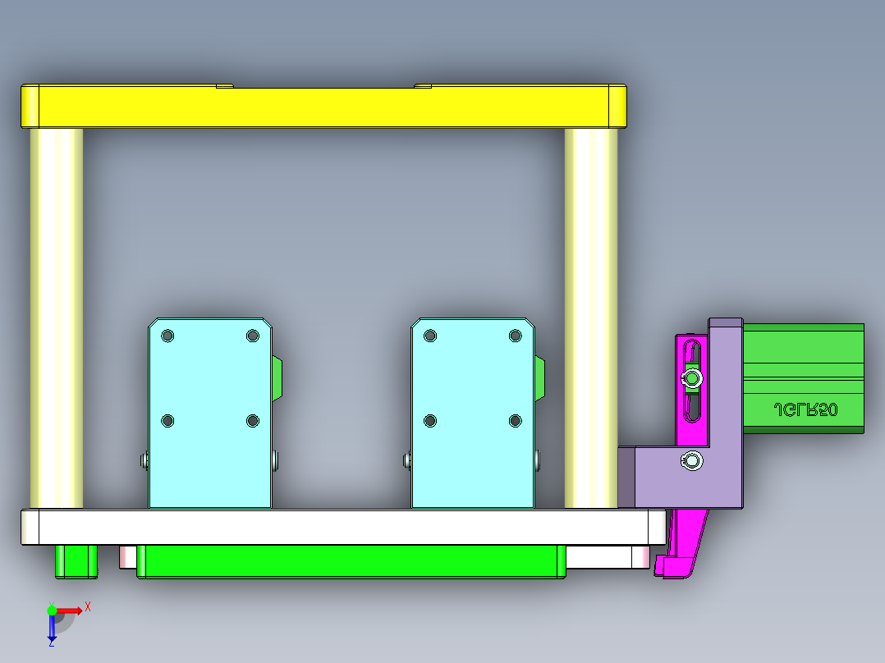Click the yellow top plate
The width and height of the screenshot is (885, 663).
(323, 107)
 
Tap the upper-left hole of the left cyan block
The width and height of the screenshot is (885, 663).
(168, 336)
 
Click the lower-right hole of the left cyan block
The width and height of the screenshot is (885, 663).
(252, 421)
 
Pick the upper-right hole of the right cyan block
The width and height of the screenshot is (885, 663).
(515, 336)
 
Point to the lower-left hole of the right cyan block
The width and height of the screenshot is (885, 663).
(430, 421)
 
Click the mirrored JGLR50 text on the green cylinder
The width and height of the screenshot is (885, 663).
(805, 409)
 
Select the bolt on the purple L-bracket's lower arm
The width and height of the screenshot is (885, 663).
(692, 461)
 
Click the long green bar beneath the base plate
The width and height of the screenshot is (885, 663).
(351, 562)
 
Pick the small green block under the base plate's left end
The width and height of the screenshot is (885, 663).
(76, 561)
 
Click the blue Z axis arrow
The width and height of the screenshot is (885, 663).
(52, 628)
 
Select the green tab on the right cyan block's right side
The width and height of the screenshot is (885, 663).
(539, 378)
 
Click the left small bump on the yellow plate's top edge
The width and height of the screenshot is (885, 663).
(224, 85)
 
